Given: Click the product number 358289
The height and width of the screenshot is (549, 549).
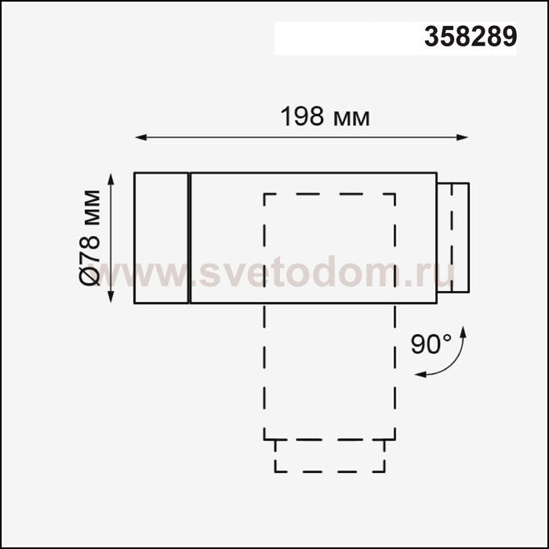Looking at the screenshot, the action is [x=471, y=36].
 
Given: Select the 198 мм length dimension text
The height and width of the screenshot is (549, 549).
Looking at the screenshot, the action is [x=325, y=116].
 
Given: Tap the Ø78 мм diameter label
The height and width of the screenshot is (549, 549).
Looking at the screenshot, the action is [x=89, y=238].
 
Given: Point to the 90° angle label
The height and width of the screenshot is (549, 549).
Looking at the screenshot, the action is [x=431, y=344].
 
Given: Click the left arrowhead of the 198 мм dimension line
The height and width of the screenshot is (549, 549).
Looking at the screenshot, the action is [x=140, y=137].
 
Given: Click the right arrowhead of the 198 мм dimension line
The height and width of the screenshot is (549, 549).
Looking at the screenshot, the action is [x=462, y=137].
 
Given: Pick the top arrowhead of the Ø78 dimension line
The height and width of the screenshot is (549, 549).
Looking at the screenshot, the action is [x=111, y=179].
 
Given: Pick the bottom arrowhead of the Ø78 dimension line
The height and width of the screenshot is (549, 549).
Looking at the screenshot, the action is [x=111, y=296].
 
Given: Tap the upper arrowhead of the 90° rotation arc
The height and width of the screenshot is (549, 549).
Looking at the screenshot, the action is [x=464, y=331].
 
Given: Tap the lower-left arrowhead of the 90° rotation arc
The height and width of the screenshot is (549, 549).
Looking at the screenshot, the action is [x=420, y=375].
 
